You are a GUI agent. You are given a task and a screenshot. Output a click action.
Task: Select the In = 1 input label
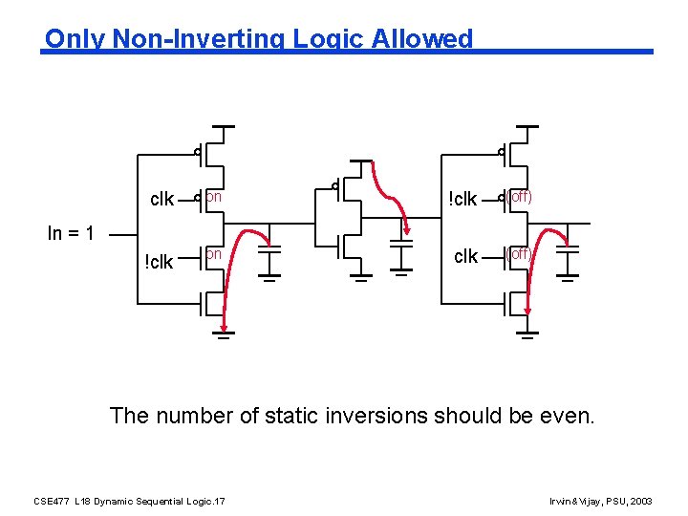coord(71,232)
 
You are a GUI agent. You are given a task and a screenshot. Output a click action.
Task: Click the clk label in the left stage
coord(162,200)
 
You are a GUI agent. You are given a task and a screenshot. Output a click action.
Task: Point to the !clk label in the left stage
coord(159,260)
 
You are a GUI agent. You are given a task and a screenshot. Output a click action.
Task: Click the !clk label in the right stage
coord(463,200)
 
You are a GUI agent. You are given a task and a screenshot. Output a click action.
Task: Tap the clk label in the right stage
coord(465,256)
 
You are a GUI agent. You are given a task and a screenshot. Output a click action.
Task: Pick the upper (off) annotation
coord(519,197)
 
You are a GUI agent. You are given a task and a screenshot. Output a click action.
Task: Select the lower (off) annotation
coord(519,254)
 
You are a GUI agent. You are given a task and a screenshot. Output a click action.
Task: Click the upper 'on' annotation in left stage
coord(214,197)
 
